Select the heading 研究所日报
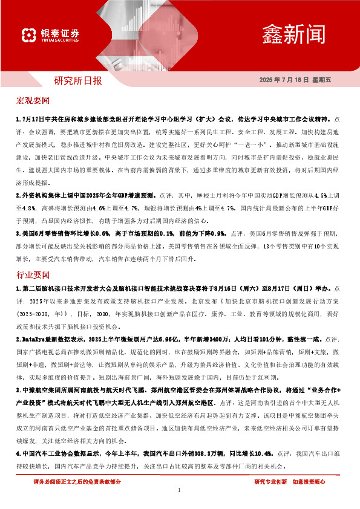click(x=78, y=80)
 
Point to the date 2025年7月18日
click(x=284, y=80)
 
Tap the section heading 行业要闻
click(x=33, y=257)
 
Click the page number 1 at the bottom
click(x=180, y=490)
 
